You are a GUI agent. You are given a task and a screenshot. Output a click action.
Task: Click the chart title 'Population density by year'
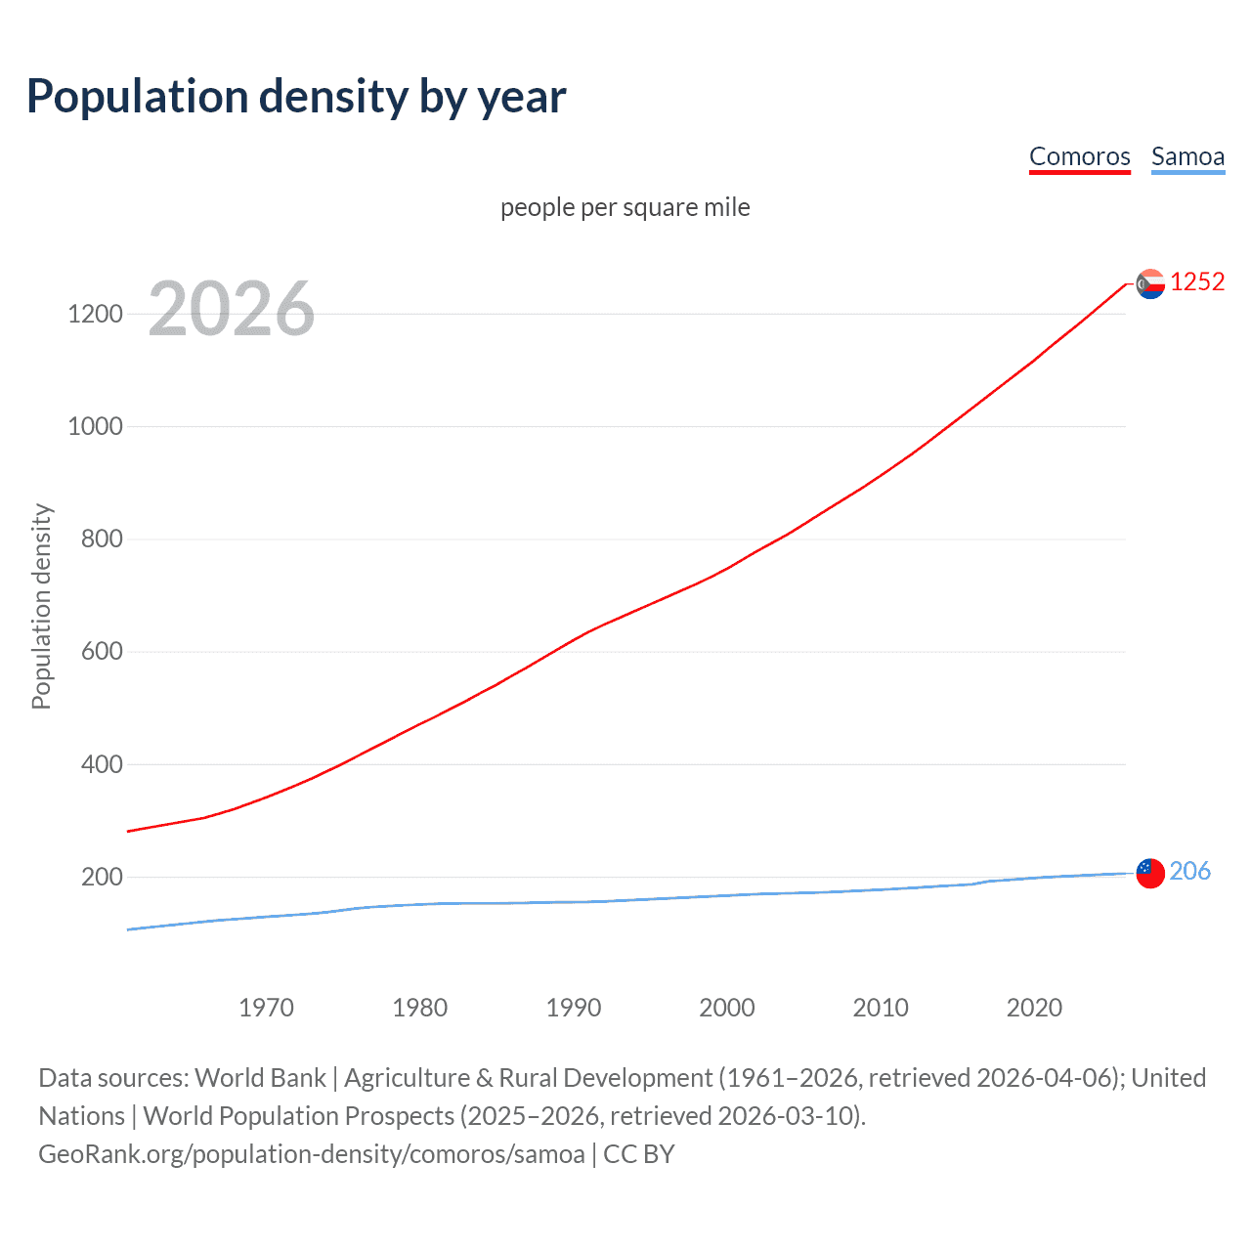pyautogui.click(x=296, y=97)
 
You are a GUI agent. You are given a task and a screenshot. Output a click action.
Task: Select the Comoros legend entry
pyautogui.click(x=1079, y=156)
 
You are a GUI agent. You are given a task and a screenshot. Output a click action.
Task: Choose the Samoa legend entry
pyautogui.click(x=1187, y=156)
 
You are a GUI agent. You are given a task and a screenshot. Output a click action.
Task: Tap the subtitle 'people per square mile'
pyautogui.click(x=625, y=207)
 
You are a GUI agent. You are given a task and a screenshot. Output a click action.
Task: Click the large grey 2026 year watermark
pyautogui.click(x=232, y=309)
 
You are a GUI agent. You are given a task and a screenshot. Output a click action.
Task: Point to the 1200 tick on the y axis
pyautogui.click(x=95, y=314)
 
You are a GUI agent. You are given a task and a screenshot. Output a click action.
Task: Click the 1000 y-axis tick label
pyautogui.click(x=95, y=426)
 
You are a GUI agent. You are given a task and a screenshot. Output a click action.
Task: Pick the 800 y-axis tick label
pyautogui.click(x=102, y=539)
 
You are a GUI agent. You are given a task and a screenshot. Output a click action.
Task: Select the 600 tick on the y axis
pyautogui.click(x=102, y=651)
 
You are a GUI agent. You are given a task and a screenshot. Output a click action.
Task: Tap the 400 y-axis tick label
pyautogui.click(x=102, y=764)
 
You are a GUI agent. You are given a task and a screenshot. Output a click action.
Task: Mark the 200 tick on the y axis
pyautogui.click(x=102, y=877)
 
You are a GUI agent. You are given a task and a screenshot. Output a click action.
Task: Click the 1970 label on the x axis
pyautogui.click(x=266, y=1008)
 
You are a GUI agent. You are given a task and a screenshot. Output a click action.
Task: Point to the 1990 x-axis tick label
pyautogui.click(x=574, y=1008)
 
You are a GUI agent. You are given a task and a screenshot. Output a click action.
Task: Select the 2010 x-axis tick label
pyautogui.click(x=881, y=1008)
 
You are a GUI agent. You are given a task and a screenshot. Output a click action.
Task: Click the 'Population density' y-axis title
pyautogui.click(x=41, y=606)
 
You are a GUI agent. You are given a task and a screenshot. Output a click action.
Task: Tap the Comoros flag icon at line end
pyautogui.click(x=1150, y=283)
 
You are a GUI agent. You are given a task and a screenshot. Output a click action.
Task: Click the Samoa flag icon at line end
pyautogui.click(x=1150, y=873)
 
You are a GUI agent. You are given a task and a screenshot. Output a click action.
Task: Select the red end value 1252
pyautogui.click(x=1197, y=282)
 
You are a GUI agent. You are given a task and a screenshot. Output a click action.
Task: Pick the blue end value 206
pyautogui.click(x=1189, y=871)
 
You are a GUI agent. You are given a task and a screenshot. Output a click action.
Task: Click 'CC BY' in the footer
pyautogui.click(x=639, y=1154)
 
